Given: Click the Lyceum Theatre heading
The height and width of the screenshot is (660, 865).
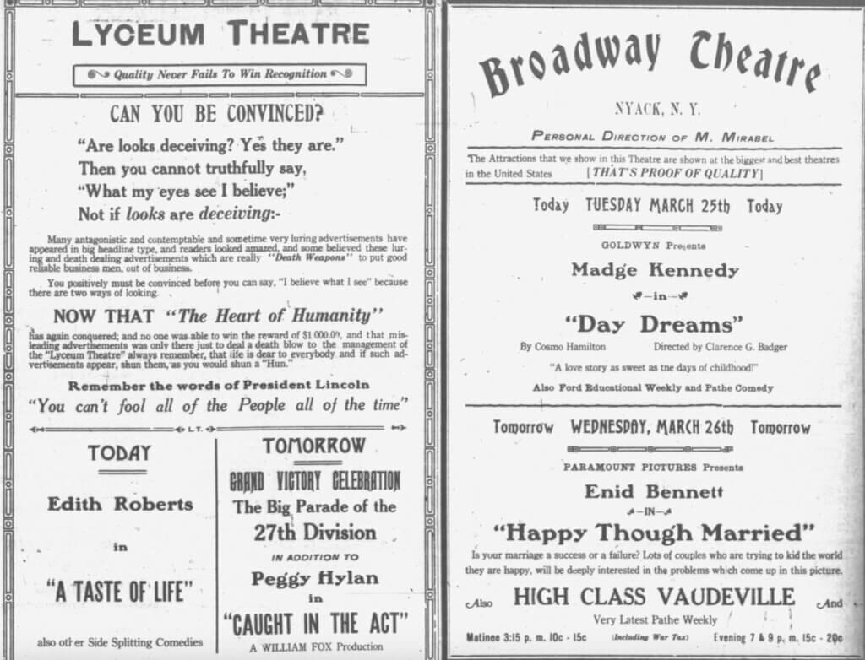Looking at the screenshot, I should click(220, 34).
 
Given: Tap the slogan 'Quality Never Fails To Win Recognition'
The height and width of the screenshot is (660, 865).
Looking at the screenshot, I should click(220, 75).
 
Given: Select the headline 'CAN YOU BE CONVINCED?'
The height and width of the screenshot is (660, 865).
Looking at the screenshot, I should click(217, 113).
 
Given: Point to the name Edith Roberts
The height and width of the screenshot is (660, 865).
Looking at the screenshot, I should click(120, 505).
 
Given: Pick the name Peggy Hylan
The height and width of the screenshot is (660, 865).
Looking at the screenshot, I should click(315, 579).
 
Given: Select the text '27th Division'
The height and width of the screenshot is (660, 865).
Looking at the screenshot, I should click(315, 533).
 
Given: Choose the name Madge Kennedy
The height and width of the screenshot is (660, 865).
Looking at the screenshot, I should click(655, 270).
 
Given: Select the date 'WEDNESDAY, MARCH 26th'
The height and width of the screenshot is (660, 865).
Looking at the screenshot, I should click(655, 427).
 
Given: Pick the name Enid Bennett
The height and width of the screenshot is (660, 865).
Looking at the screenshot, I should click(655, 491).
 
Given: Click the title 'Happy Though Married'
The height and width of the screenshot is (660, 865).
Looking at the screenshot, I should click(654, 533).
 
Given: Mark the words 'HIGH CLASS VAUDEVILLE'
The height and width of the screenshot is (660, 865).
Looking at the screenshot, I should click(654, 597).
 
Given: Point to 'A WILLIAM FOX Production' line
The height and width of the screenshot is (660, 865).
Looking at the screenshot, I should click(315, 648).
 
